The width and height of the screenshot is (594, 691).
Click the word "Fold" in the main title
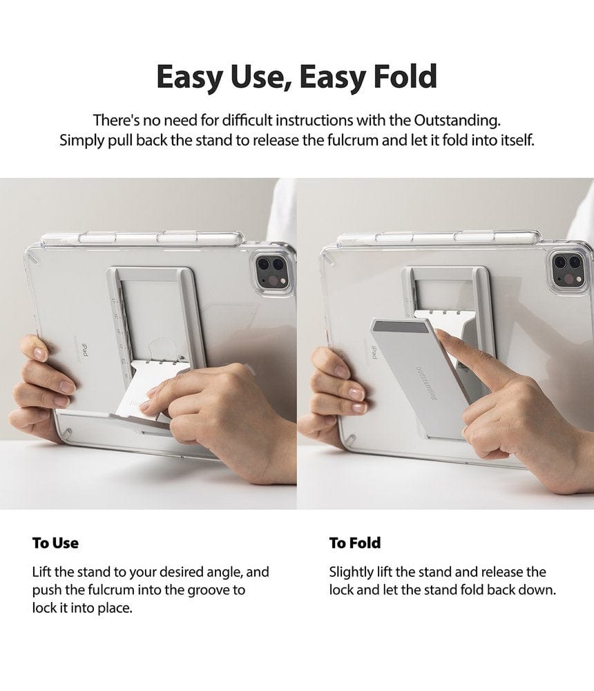[x=400, y=77]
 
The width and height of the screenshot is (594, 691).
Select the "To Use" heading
[x=55, y=542]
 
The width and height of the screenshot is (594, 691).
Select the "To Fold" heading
[x=355, y=542]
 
